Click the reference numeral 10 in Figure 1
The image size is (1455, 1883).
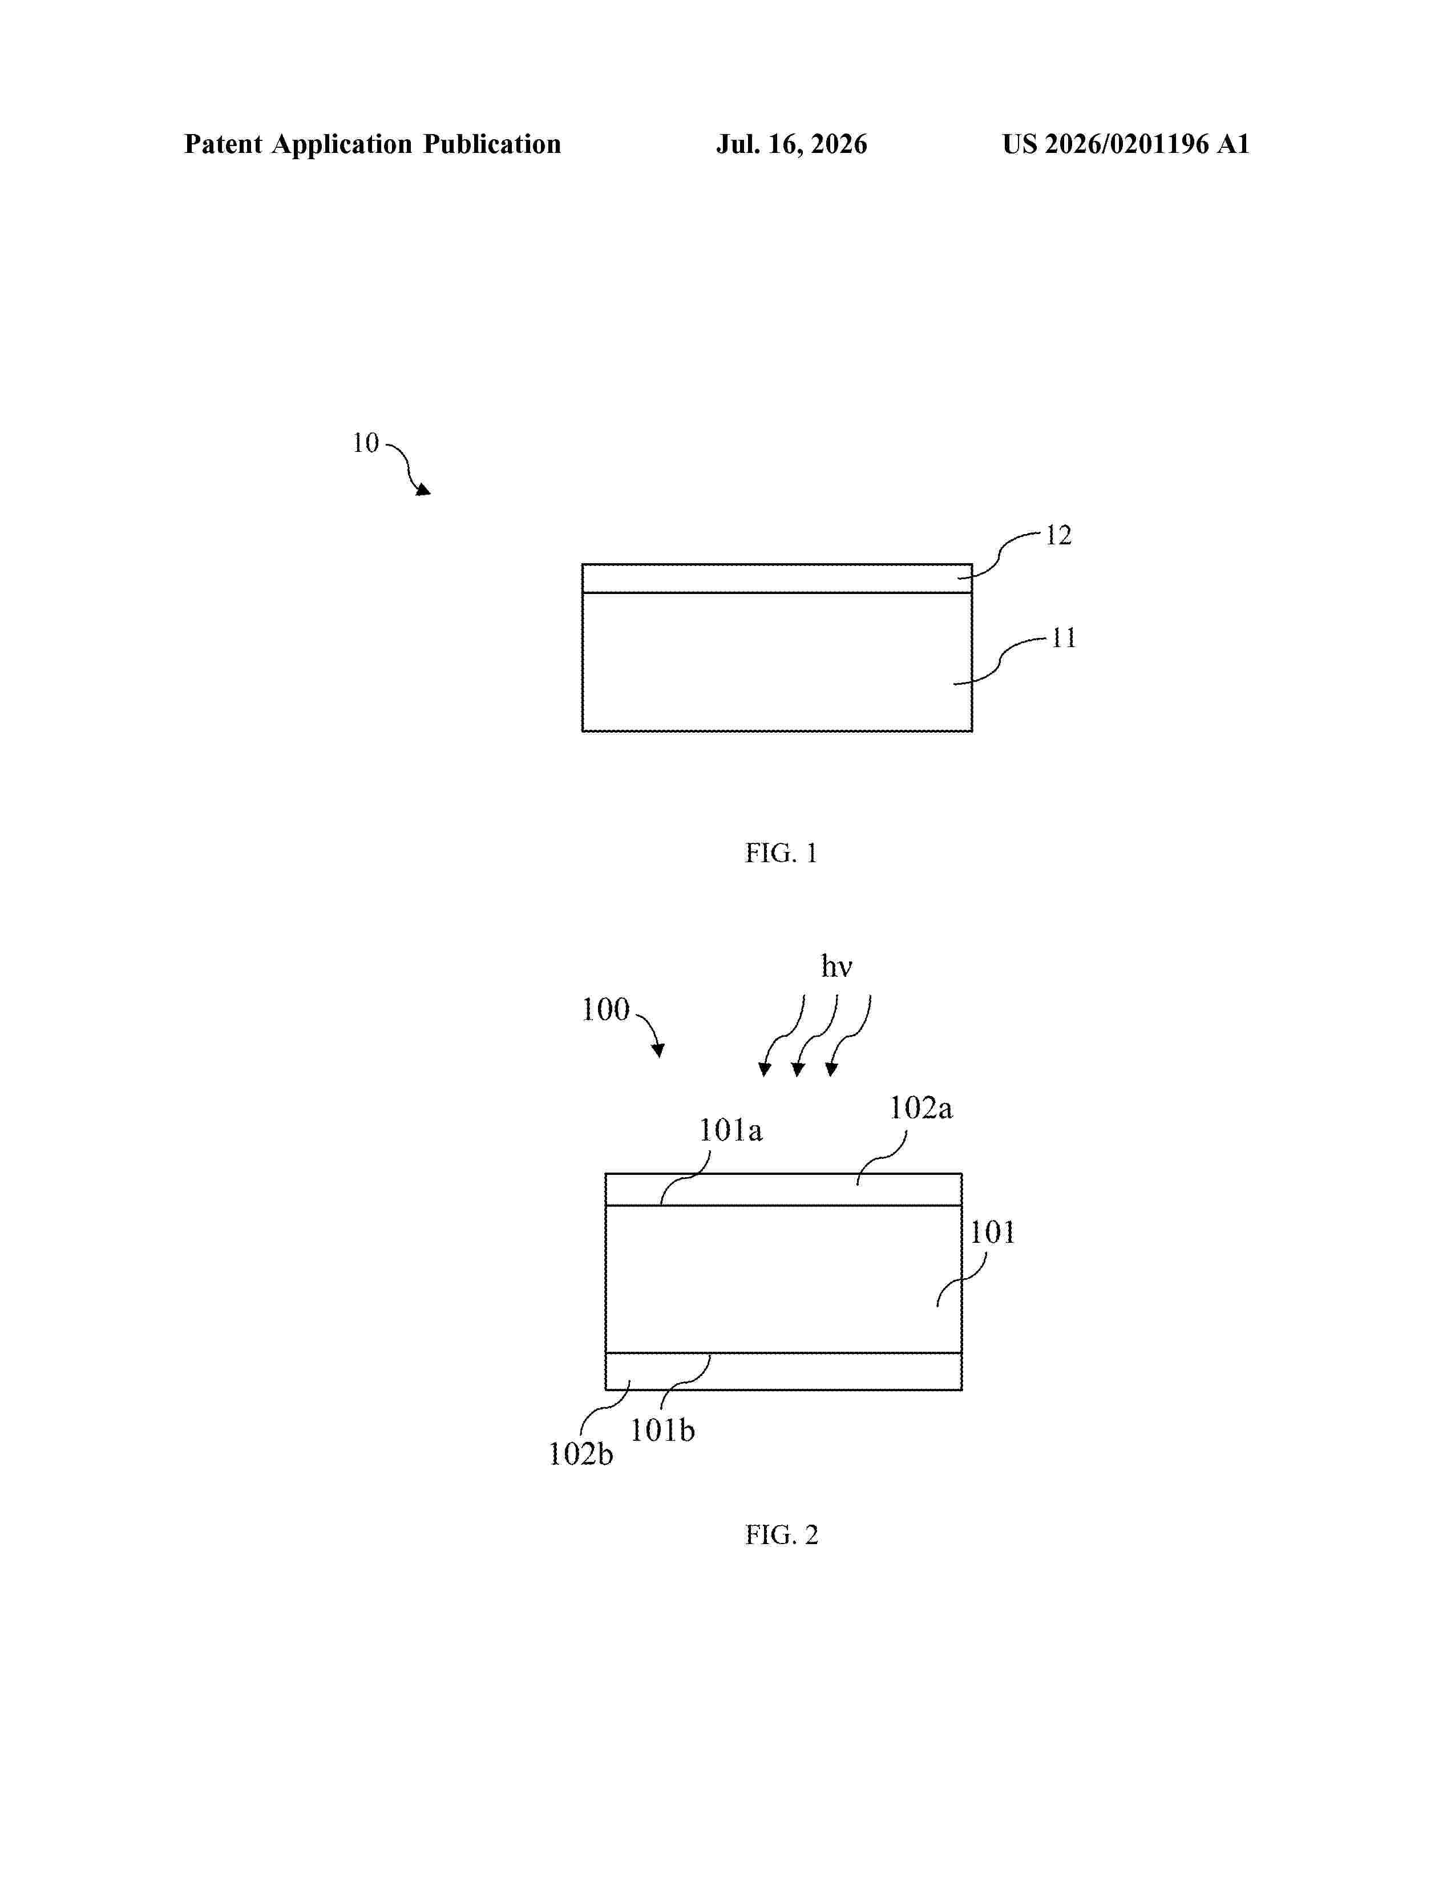click(366, 443)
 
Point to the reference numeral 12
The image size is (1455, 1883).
click(1058, 535)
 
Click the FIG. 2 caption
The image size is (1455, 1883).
click(781, 1535)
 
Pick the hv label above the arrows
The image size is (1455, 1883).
click(836, 967)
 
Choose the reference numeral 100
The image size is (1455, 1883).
click(606, 1009)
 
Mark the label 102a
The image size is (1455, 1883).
click(920, 1108)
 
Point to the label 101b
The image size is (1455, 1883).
click(662, 1431)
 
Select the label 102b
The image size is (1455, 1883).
click(581, 1454)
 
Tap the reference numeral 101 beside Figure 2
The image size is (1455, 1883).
click(992, 1233)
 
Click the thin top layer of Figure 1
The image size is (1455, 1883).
click(777, 579)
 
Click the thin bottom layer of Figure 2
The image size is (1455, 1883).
click(783, 1371)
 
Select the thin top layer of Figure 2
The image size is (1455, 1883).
click(783, 1189)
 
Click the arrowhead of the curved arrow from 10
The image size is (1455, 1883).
click(424, 490)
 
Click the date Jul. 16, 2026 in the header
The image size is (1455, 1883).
click(791, 144)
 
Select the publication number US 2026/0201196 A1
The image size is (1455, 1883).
click(1126, 144)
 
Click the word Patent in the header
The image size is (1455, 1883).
click(223, 144)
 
